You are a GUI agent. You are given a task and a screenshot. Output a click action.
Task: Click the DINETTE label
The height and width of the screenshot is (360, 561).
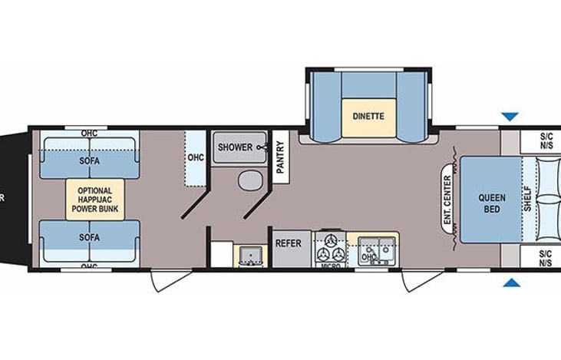[368, 117]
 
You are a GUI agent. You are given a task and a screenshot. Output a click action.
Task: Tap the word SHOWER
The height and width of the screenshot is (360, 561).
[234, 147]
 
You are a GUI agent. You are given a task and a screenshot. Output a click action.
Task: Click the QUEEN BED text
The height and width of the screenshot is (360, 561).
[492, 203]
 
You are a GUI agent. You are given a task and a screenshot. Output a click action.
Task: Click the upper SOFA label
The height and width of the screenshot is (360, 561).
[89, 160]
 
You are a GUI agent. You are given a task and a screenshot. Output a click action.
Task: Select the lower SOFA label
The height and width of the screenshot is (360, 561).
[89, 237]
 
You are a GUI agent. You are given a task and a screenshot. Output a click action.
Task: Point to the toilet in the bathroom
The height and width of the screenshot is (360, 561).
[249, 182]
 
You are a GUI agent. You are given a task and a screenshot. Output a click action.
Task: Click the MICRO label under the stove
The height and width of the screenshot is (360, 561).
[330, 266]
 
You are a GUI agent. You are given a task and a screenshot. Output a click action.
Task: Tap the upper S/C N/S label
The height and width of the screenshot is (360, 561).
[546, 141]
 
